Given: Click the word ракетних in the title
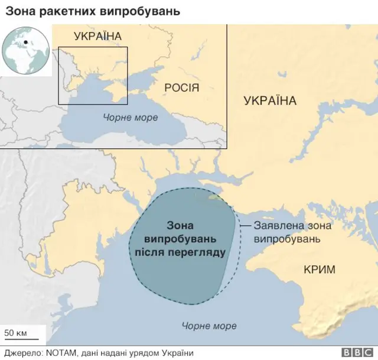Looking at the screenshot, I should tap(64, 11).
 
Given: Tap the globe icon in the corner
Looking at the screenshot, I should tap(26, 49).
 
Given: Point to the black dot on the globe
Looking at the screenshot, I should tap(26, 42).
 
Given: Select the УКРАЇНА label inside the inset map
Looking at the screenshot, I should tap(97, 37).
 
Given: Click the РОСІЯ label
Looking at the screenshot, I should tap(181, 88).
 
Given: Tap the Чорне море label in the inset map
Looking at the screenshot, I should tap(131, 118).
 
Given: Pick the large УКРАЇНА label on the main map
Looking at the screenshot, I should tap(270, 101).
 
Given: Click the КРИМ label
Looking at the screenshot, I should tap(319, 270).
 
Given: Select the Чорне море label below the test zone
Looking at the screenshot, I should tap(209, 326).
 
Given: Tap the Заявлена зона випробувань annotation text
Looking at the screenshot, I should tap(292, 232).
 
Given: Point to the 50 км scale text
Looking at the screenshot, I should tap(16, 333).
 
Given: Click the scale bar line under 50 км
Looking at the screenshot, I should tap(21, 340).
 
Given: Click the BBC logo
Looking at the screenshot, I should tap(354, 352).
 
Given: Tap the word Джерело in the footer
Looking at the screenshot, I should tap(21, 353).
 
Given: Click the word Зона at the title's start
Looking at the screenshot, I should tap(19, 11).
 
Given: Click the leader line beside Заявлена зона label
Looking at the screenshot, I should tap(246, 226).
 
